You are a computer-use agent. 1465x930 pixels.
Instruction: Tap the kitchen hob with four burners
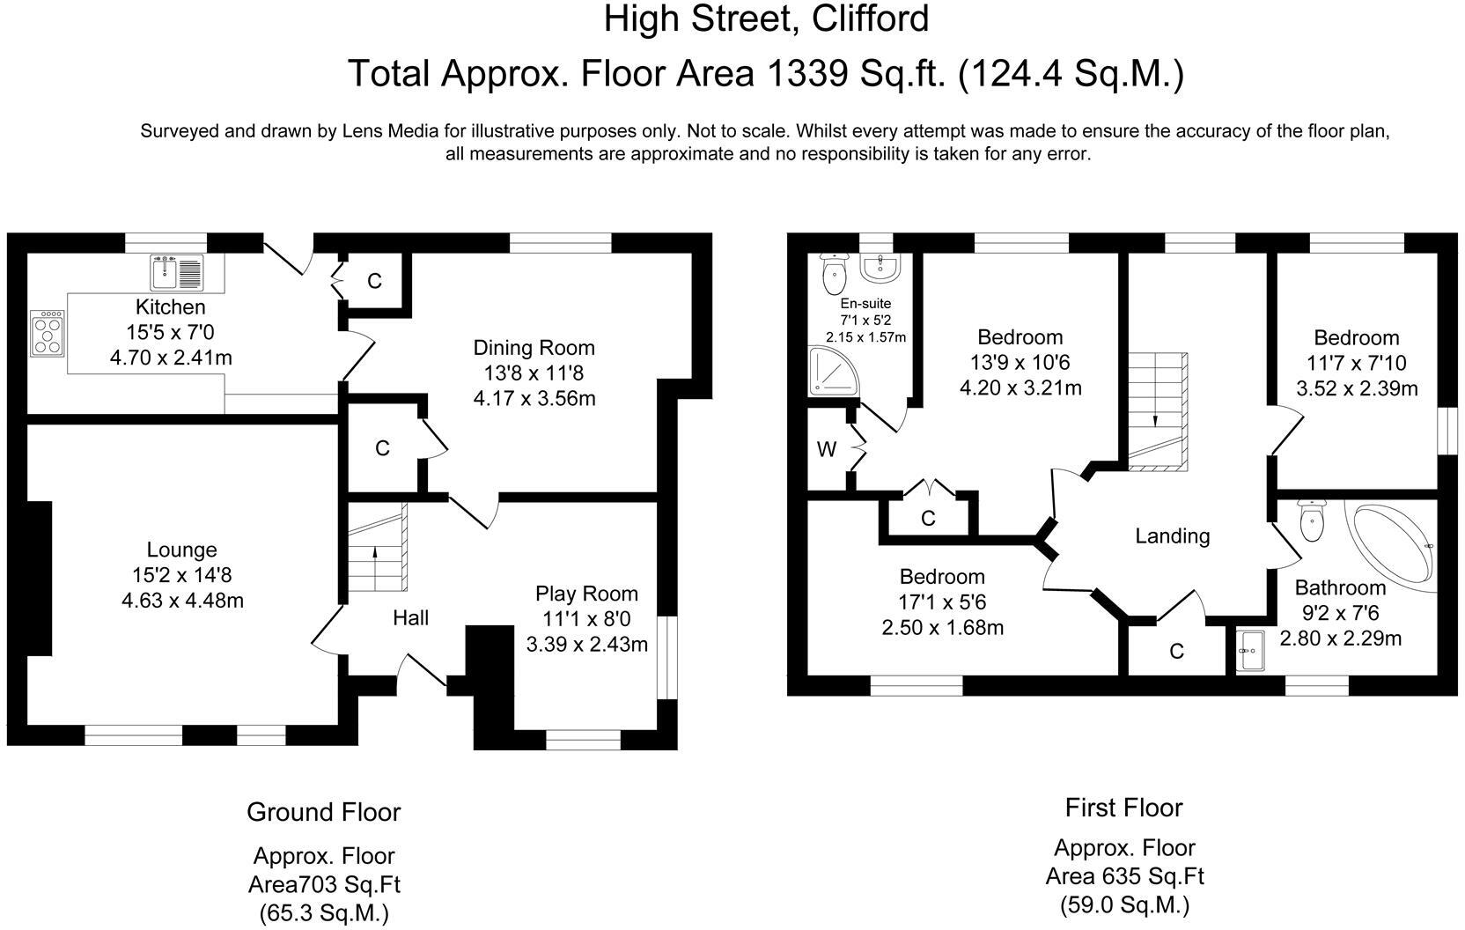coord(48,333)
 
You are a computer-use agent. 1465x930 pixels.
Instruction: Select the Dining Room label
coord(534,348)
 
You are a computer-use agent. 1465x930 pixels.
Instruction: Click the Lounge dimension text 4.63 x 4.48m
coord(182,601)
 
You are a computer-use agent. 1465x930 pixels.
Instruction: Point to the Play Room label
coord(586,594)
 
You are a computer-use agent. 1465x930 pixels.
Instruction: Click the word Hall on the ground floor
coord(410,618)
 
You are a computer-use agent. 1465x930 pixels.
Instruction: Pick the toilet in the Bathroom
coord(1311,521)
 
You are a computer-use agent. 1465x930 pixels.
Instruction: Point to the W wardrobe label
coord(827,450)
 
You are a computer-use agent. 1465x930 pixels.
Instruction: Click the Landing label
coord(1172,535)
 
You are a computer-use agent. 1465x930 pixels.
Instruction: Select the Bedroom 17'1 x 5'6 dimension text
coord(942,602)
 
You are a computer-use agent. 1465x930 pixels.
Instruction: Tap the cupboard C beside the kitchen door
coord(374,281)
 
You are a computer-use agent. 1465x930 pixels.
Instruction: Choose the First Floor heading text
coord(1123,807)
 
